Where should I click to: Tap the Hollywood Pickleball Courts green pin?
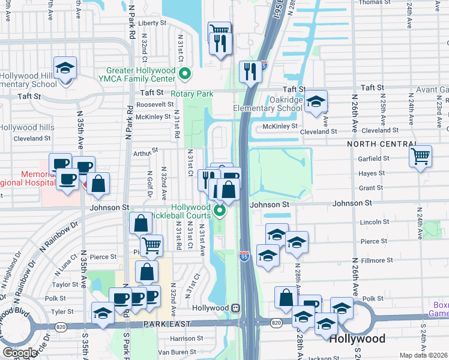pos(220,211)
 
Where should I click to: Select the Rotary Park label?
pos(192,94)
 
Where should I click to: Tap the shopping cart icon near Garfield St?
pos(420,157)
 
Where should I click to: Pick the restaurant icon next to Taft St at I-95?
pos(250,71)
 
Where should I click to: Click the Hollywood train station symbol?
pos(237,307)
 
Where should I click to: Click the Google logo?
pos(20,352)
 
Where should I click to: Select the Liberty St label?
pos(152,23)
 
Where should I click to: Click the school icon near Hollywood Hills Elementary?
pos(65,68)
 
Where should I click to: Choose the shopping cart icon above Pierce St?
pos(151,245)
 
